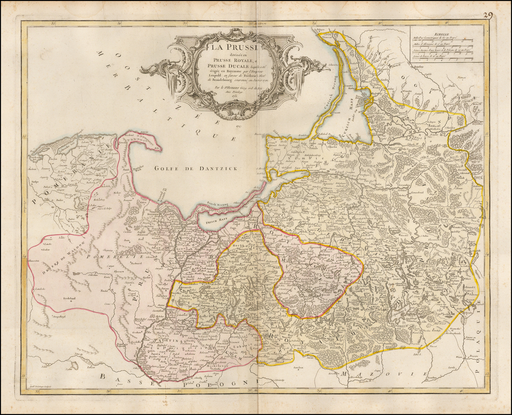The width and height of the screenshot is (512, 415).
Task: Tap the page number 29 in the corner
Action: [488, 15]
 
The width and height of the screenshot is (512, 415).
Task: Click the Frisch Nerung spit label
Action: [218, 203]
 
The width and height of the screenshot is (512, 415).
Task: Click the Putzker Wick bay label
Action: [138, 167]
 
